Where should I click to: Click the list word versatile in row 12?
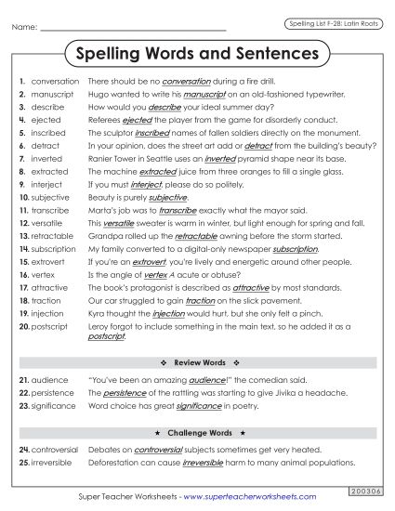(x=48, y=223)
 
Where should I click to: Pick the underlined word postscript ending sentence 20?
(x=106, y=336)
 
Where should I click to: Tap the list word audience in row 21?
(x=50, y=380)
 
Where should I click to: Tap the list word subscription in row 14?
(x=54, y=249)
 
